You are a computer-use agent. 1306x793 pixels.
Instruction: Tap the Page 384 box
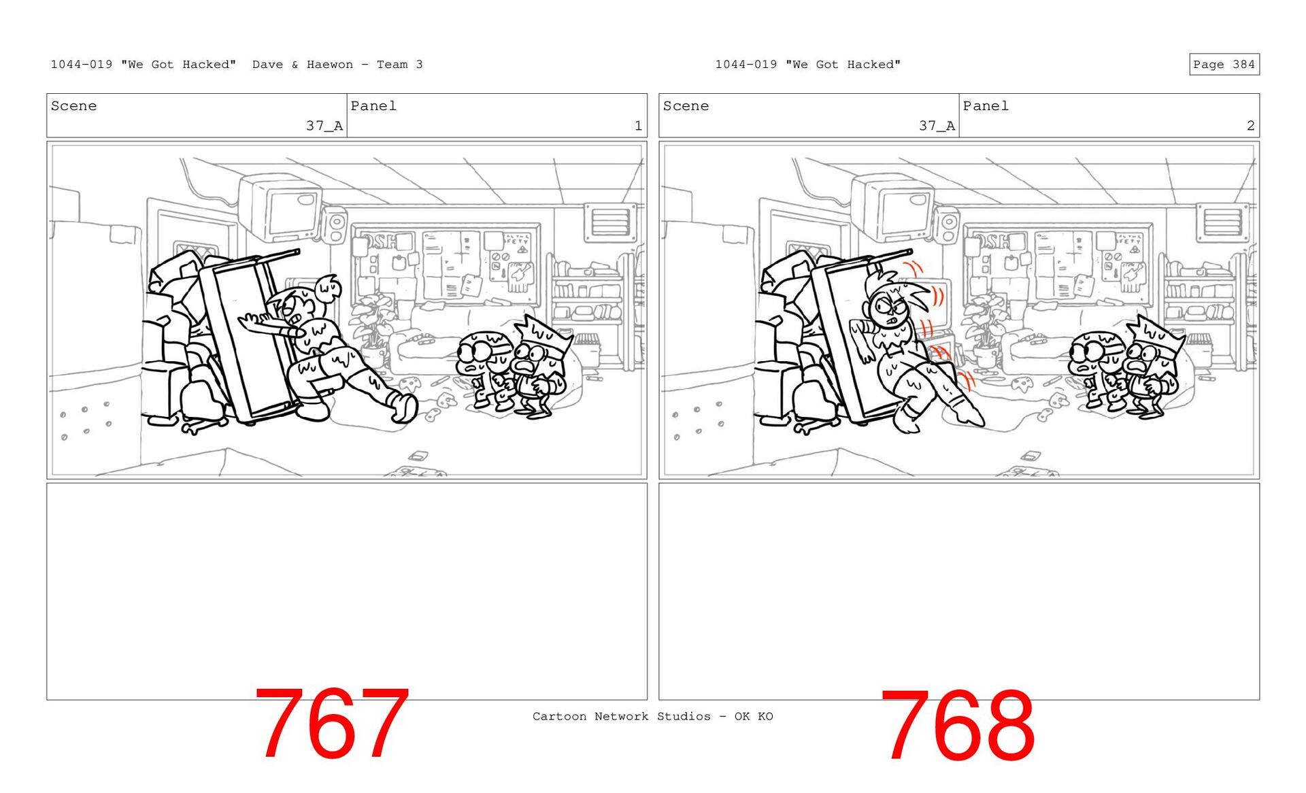point(1224,64)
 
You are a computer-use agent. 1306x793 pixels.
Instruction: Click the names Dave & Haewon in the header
point(303,65)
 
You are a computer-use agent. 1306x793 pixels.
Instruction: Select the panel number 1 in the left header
point(638,125)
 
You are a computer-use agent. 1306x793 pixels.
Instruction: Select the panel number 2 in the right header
point(1250,125)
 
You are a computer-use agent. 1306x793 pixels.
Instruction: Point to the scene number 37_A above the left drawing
point(324,125)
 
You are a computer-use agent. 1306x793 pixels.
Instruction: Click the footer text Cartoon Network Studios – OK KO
point(653,716)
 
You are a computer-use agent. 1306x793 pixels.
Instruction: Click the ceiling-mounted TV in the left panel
point(280,206)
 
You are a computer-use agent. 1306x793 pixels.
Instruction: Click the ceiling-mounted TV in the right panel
point(892,206)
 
